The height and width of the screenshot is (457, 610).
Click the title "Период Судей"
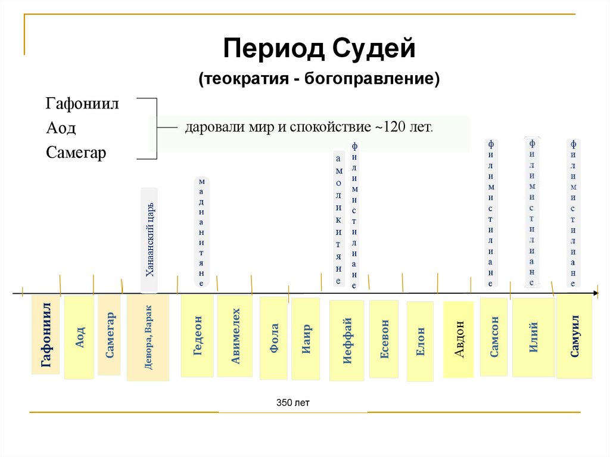pyautogui.click(x=319, y=48)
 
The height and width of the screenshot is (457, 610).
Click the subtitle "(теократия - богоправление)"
pyautogui.click(x=319, y=79)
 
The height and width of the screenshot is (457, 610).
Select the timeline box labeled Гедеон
pyautogui.click(x=198, y=336)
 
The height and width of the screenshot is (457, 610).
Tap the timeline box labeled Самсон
pyautogui.click(x=494, y=337)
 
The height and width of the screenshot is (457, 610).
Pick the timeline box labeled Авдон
pyautogui.click(x=459, y=340)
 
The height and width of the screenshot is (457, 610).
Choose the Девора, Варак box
pyautogui.click(x=148, y=338)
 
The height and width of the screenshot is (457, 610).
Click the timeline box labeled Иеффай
pyautogui.click(x=347, y=340)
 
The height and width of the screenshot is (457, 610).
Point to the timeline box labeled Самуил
pyautogui.click(x=574, y=337)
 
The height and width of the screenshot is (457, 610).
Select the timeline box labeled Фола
pyautogui.click(x=274, y=338)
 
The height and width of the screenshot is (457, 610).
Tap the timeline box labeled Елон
pyautogui.click(x=421, y=342)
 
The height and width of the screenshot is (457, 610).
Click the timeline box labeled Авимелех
pyautogui.click(x=235, y=337)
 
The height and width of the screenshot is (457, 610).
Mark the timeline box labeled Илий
pyautogui.click(x=533, y=337)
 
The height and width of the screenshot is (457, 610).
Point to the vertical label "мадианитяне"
pyautogui.click(x=202, y=231)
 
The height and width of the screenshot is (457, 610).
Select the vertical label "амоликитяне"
pyautogui.click(x=339, y=219)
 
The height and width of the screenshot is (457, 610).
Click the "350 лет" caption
pyautogui.click(x=293, y=403)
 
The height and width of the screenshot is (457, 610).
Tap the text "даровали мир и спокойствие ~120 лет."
pyautogui.click(x=309, y=128)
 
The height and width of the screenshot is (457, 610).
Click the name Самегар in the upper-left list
pyautogui.click(x=76, y=153)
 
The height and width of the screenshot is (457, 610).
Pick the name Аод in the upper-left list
pyautogui.click(x=61, y=128)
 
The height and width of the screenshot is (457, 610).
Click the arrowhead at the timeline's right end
pyautogui.click(x=595, y=293)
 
